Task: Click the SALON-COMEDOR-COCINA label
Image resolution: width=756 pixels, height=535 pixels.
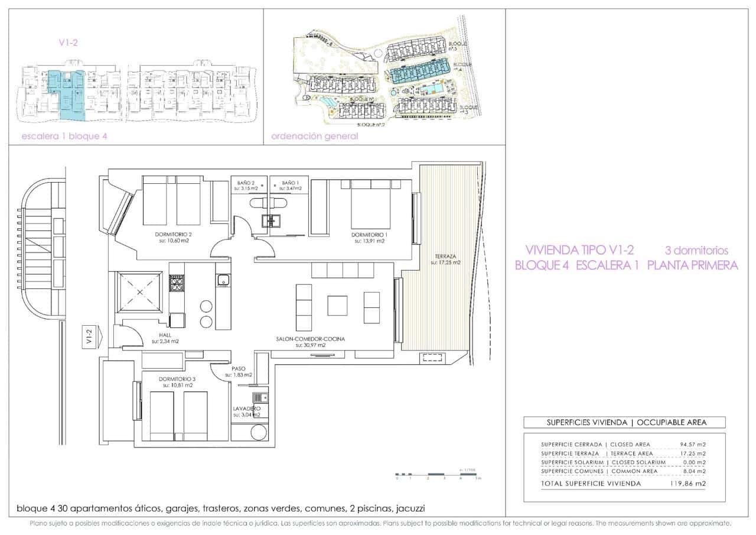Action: point(310,339)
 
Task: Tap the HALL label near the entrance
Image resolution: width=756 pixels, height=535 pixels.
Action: point(165,335)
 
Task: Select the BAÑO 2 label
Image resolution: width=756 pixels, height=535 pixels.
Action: point(245,183)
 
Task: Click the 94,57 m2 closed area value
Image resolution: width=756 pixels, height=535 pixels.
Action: point(693,444)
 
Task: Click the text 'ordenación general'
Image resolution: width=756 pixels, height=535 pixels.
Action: point(314,136)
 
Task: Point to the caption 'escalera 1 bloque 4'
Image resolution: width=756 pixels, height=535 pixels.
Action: point(64,136)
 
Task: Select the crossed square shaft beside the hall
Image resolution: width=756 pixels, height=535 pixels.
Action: point(140,292)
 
